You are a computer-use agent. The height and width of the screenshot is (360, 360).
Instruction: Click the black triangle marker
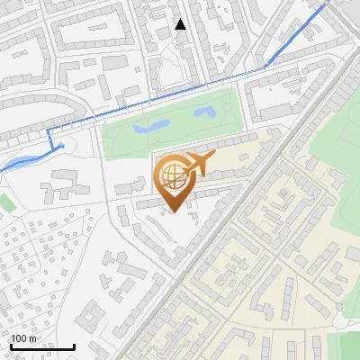click(181, 24)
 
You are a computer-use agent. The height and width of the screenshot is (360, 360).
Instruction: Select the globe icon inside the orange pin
click(173, 177)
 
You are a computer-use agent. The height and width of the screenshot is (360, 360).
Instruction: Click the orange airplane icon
click(200, 166)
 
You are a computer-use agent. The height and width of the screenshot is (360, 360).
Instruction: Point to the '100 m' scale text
click(24, 338)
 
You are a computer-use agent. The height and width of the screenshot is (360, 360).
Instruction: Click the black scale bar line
click(42, 346)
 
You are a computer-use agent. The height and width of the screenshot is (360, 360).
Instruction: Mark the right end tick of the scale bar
click(74, 345)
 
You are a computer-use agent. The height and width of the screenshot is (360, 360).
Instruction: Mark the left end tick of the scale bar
click(11, 345)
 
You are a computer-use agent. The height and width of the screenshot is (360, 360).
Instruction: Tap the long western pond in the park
click(149, 128)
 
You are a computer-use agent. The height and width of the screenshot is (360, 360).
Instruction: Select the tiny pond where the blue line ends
click(60, 146)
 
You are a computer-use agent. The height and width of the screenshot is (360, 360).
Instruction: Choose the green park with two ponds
click(171, 121)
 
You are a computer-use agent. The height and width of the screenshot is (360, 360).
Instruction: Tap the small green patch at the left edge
click(5, 202)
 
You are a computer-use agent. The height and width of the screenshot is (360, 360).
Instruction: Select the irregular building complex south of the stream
click(63, 184)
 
